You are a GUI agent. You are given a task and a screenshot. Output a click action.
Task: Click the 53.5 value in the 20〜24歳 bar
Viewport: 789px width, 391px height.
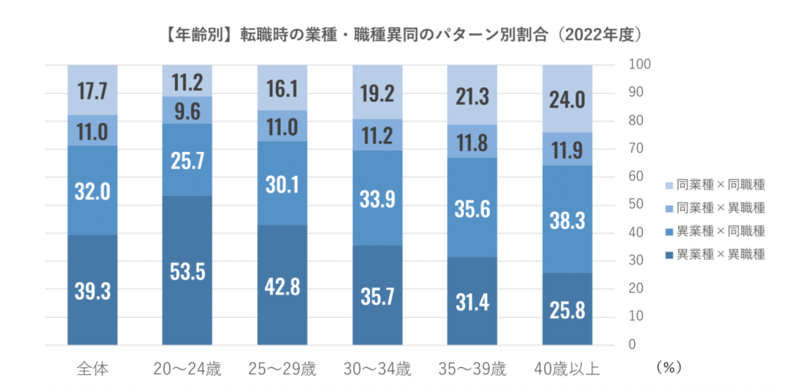click(x=187, y=273)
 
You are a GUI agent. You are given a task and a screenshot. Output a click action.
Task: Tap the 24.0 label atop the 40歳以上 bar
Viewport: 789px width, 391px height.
click(x=567, y=100)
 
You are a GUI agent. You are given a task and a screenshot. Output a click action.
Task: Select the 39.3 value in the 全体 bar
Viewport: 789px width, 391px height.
click(x=92, y=292)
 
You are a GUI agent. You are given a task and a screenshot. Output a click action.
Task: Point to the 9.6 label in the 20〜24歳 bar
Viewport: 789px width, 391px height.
click(x=187, y=110)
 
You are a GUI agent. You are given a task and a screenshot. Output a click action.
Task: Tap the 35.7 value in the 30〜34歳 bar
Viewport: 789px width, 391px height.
click(x=378, y=296)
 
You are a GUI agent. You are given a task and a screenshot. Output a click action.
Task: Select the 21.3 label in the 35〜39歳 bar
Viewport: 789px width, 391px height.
click(x=472, y=96)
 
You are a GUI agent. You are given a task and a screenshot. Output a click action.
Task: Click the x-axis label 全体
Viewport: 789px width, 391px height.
click(x=92, y=369)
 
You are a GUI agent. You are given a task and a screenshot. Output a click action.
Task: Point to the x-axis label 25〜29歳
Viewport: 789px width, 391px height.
click(x=282, y=369)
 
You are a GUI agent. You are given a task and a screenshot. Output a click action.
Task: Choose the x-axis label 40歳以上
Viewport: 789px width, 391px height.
click(x=567, y=369)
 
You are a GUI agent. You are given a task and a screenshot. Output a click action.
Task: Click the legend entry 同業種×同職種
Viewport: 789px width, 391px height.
click(x=713, y=185)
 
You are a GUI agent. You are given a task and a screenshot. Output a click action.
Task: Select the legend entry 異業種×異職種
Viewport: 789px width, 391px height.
click(x=713, y=254)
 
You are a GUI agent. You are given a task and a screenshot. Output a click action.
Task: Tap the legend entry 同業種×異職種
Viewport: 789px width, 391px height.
click(x=713, y=208)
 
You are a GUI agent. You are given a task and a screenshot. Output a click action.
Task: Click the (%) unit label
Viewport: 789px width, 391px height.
click(x=667, y=369)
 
